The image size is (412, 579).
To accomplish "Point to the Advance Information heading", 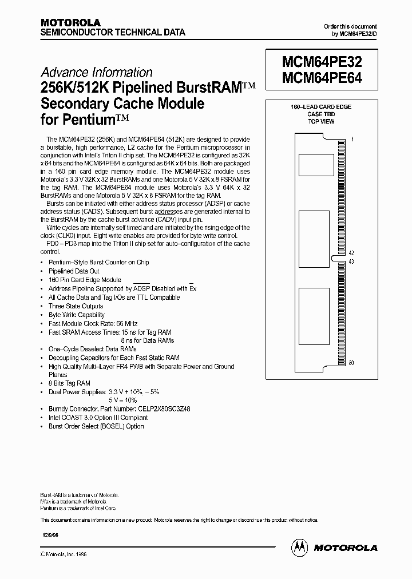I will [x=96, y=73].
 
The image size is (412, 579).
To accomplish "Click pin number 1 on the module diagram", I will [x=352, y=140].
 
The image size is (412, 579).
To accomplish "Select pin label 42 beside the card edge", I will [x=352, y=253].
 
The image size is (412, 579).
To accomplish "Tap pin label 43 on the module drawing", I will [x=352, y=261].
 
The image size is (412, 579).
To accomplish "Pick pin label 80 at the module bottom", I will [x=352, y=363].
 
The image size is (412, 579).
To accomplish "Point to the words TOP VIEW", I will [x=321, y=122].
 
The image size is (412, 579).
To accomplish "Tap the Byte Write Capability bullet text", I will [x=77, y=315].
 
